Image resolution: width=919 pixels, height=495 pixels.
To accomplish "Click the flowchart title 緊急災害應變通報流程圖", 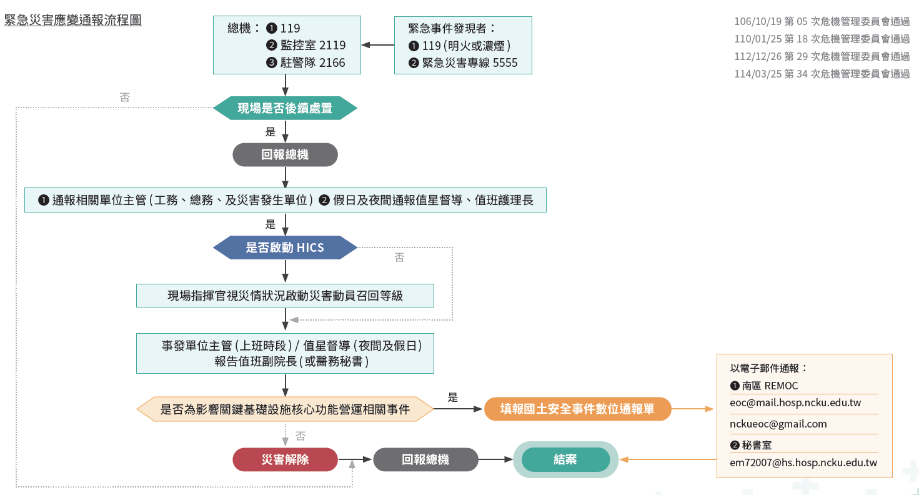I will pos(73,20).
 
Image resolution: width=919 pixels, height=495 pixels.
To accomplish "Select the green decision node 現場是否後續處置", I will pos(285,109).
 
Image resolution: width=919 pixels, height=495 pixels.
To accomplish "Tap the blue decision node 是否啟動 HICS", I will pos(285,247).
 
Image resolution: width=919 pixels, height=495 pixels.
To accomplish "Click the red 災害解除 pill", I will pos(285,459).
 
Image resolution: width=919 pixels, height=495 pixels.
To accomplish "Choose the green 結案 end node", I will pos(565,459).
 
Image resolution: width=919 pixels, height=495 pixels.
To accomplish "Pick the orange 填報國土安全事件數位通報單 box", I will pos(577,409).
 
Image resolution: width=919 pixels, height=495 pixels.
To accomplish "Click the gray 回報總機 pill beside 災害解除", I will pos(425,459).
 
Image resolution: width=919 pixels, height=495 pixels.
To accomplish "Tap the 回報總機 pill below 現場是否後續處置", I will pos(285,154).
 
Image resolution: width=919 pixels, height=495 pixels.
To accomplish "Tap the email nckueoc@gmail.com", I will pos(778,424).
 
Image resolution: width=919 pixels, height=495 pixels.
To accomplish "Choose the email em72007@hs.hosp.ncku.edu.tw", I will pos(803,463).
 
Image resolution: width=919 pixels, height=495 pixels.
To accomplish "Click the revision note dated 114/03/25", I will pos(822,74).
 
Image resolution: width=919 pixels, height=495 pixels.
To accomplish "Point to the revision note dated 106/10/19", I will pos(822,21).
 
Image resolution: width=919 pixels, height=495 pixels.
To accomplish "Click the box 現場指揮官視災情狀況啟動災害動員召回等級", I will pos(285,296).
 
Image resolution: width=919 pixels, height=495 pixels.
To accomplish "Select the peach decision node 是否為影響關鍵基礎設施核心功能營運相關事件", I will pos(285,409).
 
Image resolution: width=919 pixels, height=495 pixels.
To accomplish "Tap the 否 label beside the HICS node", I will pos(399,257).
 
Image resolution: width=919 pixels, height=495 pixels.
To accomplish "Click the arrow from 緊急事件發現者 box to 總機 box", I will pos(377,45).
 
